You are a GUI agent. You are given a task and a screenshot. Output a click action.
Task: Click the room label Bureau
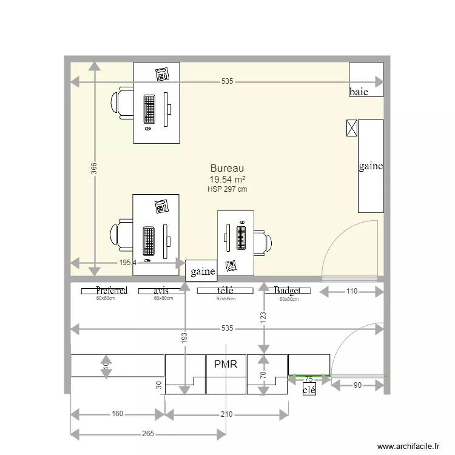(x=227, y=168)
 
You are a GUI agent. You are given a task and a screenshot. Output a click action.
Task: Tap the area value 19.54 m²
(x=227, y=180)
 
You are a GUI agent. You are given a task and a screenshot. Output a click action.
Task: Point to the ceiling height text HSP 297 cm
(x=227, y=189)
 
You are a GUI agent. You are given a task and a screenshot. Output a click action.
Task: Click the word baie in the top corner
(x=359, y=92)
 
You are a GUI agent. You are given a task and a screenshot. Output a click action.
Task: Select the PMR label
(x=226, y=364)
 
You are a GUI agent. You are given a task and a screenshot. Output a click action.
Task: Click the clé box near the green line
(x=309, y=390)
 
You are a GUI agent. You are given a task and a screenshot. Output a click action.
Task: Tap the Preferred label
(x=112, y=291)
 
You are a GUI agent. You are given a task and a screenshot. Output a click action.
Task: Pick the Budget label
(x=287, y=291)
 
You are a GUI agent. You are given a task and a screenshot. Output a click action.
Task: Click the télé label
(x=225, y=291)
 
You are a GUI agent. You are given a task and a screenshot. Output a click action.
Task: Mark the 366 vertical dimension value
(x=94, y=169)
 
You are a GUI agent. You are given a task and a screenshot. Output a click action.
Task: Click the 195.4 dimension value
(x=128, y=263)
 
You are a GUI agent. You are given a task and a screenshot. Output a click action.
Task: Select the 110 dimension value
(x=352, y=292)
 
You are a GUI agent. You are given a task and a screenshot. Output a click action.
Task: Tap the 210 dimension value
(x=226, y=414)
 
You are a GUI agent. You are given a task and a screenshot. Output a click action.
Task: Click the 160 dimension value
(x=118, y=414)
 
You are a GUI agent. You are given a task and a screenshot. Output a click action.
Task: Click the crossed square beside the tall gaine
(x=351, y=127)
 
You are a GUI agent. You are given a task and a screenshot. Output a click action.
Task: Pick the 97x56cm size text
(x=226, y=298)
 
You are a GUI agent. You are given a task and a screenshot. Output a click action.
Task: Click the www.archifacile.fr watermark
(x=408, y=447)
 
